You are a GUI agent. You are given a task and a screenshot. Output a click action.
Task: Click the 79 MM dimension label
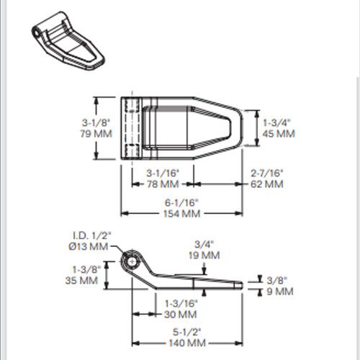(x=96, y=134)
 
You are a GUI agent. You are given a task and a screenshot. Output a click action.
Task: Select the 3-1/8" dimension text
(x=96, y=122)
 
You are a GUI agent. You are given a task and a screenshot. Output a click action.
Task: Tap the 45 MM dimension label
(x=279, y=134)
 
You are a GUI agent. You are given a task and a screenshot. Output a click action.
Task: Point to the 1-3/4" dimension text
(x=276, y=122)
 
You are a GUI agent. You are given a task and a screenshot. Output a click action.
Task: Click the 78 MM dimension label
(x=163, y=184)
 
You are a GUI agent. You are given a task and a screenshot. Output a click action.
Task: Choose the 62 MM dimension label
(x=267, y=184)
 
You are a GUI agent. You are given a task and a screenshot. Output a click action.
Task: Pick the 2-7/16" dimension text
(x=267, y=173)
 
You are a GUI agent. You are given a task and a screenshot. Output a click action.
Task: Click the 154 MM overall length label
(x=181, y=214)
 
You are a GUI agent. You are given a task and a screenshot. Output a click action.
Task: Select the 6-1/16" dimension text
(x=181, y=202)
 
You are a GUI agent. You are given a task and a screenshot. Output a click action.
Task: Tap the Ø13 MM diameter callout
(x=89, y=246)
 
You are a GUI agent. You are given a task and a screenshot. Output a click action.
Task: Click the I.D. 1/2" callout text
(x=92, y=235)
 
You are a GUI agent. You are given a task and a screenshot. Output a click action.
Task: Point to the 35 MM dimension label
(x=81, y=280)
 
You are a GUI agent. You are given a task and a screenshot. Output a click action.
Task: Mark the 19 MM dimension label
(x=204, y=255)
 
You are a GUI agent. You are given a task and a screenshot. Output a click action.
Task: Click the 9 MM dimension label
(x=280, y=292)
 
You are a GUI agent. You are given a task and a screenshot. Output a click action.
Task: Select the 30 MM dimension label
(x=181, y=315)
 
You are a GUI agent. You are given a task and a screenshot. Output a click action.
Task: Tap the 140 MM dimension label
(x=187, y=343)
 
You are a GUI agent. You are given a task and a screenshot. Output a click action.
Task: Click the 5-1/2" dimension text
(x=186, y=332)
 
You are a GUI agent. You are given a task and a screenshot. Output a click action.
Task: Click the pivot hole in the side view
(x=131, y=261)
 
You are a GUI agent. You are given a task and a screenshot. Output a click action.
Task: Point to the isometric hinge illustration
(x=68, y=41)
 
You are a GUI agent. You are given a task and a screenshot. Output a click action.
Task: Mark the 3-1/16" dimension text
(x=163, y=173)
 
